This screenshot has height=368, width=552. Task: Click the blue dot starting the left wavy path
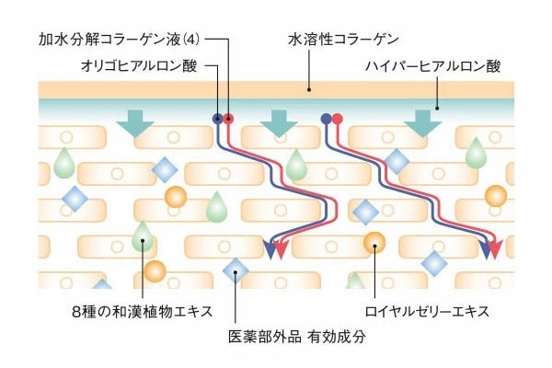218,118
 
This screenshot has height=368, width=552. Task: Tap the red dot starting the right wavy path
338,118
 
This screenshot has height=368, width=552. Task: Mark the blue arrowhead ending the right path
484,247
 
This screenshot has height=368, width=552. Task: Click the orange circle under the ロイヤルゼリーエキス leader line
374,243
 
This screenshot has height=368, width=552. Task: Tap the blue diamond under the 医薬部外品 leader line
236,270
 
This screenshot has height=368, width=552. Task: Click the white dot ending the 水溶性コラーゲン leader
309,89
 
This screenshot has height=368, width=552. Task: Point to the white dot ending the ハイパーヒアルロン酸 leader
437,108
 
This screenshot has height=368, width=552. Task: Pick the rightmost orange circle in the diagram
496,196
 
